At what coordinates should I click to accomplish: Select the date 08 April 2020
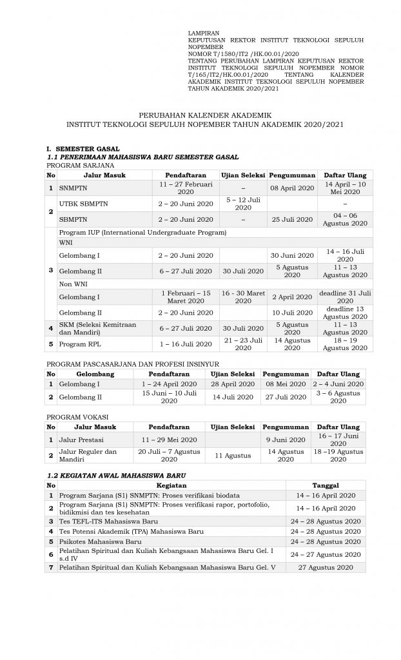point(292,188)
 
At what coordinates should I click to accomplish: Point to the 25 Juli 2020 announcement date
point(292,219)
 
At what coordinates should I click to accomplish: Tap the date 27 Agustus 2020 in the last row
point(326,567)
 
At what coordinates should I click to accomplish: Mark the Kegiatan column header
point(171,485)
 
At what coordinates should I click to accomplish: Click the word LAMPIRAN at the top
point(204,32)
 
